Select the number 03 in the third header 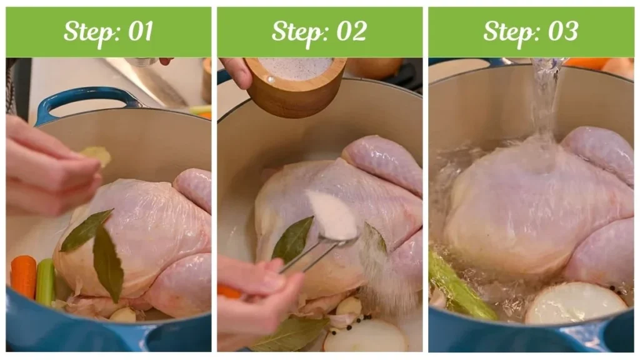[563, 31]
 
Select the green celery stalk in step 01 [45, 282]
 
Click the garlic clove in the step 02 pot [348, 306]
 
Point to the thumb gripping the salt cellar [237, 72]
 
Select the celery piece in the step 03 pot [459, 287]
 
